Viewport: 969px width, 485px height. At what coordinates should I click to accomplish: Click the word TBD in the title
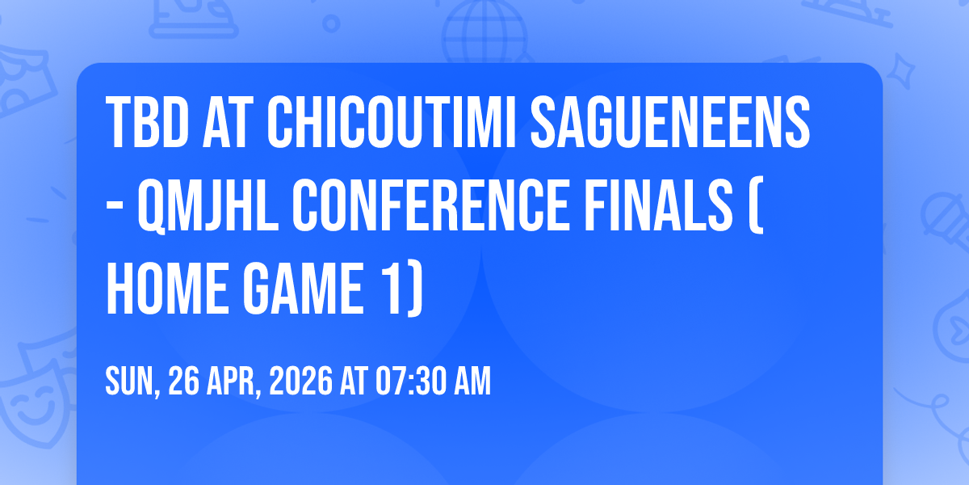coord(148,122)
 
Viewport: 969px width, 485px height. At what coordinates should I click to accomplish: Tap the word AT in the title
coord(228,122)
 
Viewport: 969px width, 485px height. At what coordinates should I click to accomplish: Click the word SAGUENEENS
coord(670,122)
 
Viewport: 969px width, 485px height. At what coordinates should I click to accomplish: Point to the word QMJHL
coord(208,207)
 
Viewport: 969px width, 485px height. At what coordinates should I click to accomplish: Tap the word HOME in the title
coord(167,289)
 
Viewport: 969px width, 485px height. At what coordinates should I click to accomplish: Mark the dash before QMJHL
coord(115,209)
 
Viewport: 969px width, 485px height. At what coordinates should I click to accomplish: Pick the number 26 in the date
coord(183,381)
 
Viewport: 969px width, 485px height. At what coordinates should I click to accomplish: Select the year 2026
coord(301,381)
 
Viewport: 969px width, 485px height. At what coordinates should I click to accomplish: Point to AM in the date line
coord(472,381)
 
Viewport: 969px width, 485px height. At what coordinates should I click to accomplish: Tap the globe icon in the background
coord(484,32)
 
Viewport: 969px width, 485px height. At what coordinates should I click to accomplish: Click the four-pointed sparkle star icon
coord(901,72)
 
